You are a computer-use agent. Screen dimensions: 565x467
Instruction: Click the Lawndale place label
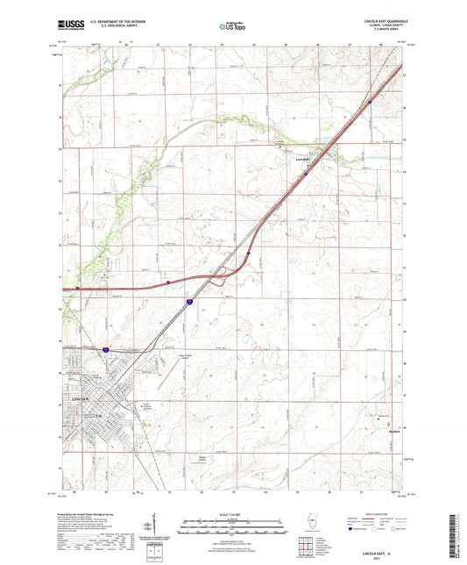click(301, 160)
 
